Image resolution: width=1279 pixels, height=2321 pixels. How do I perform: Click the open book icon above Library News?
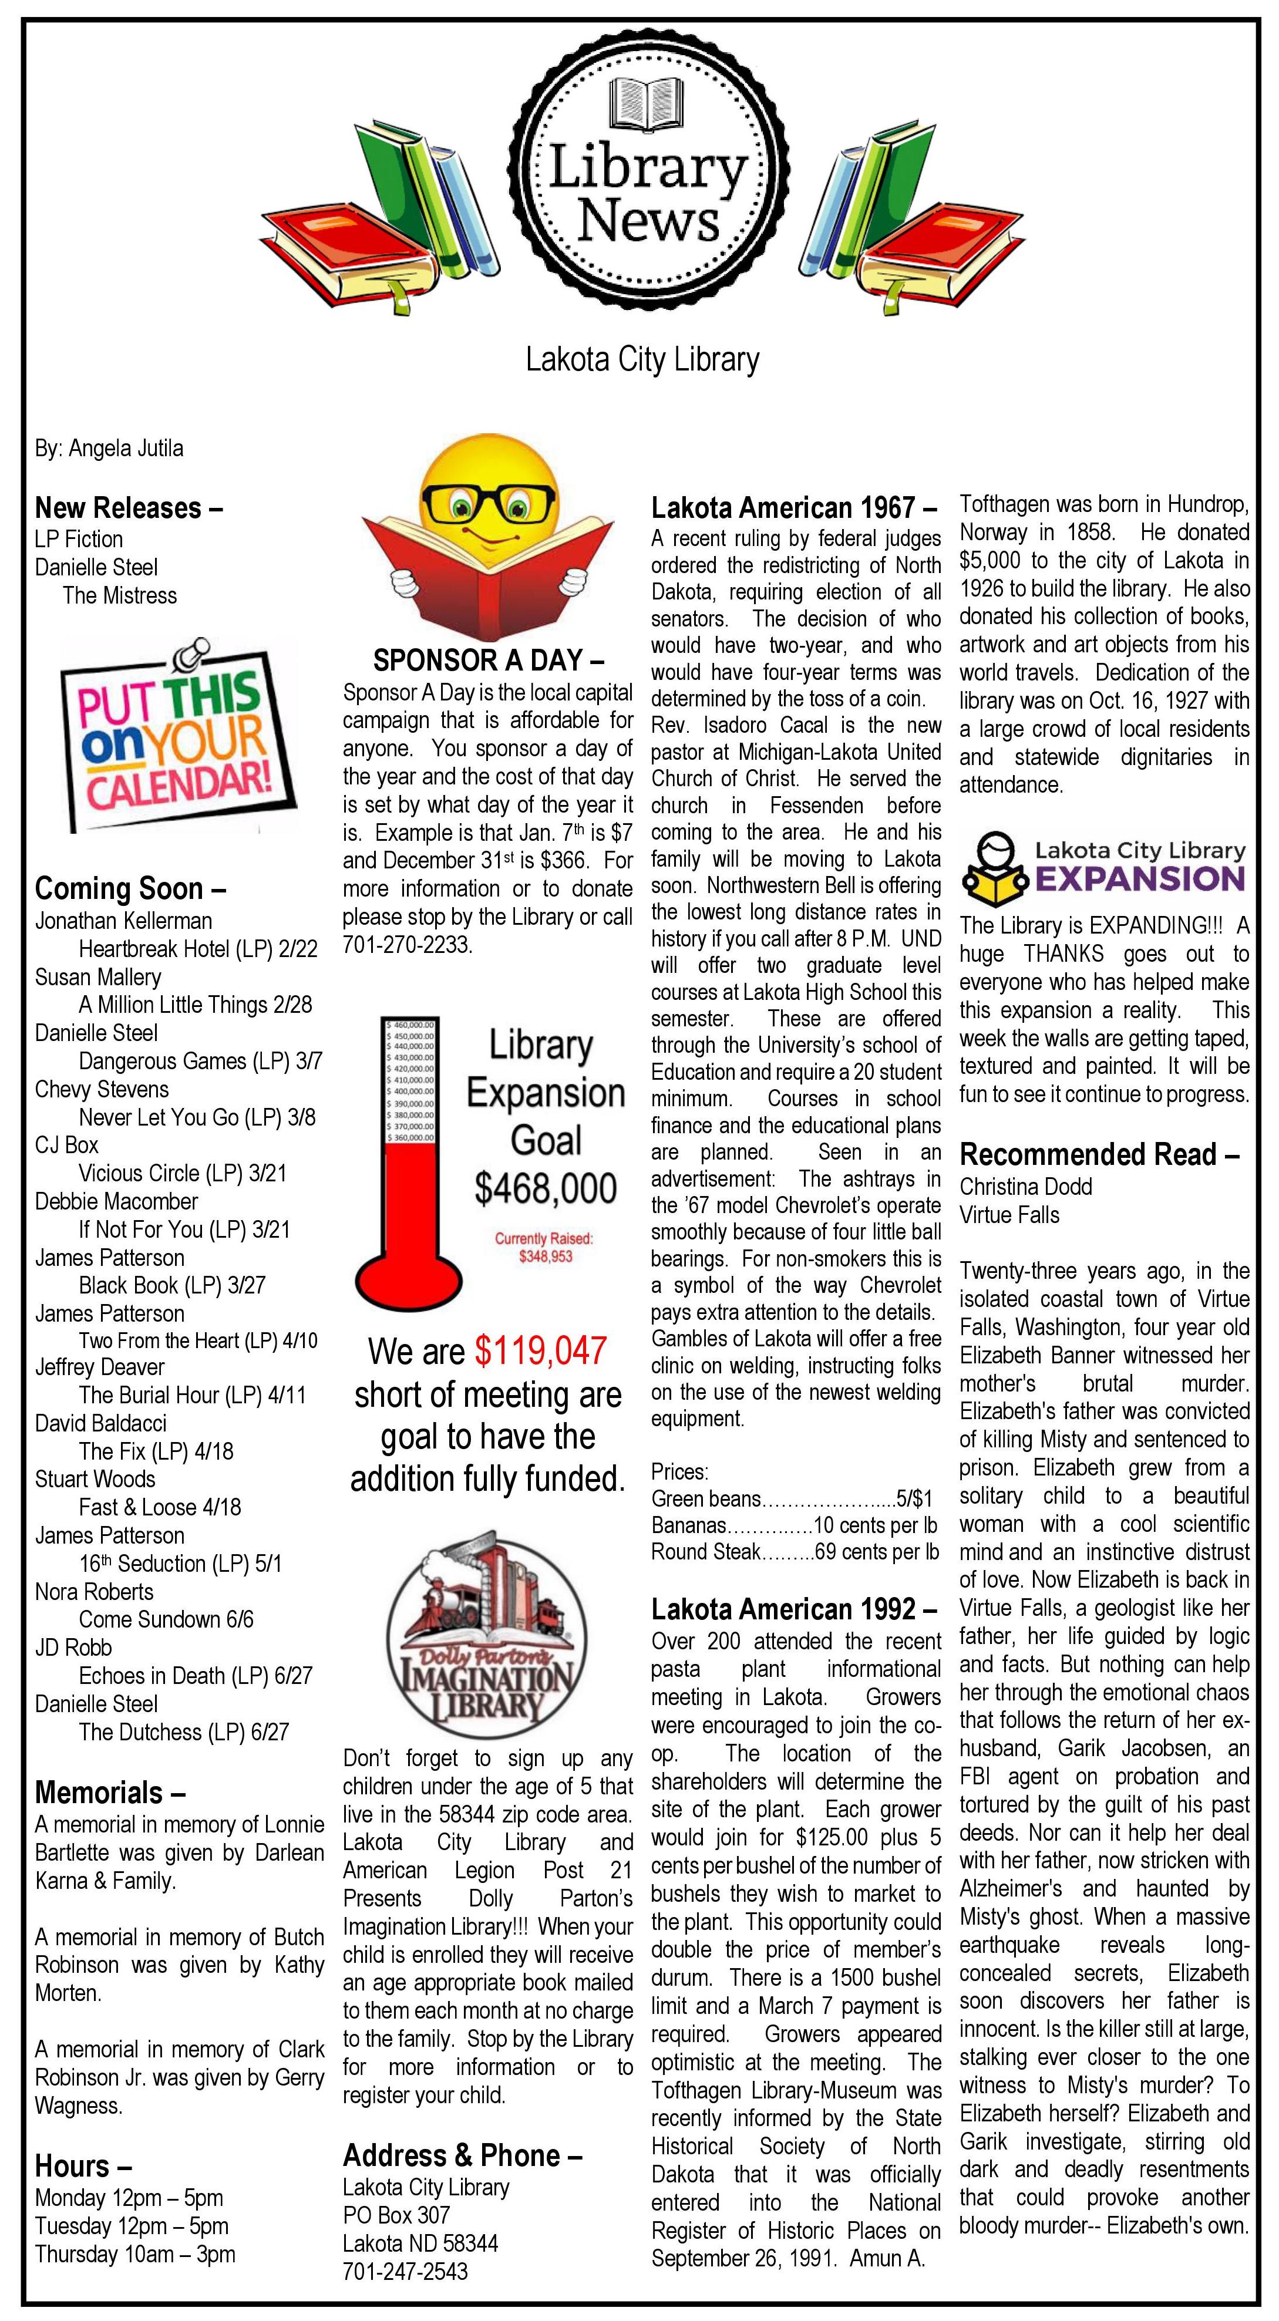coord(642,101)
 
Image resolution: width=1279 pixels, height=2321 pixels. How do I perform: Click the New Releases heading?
coord(128,508)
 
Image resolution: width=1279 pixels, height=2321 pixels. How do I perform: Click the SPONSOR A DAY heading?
coord(487,661)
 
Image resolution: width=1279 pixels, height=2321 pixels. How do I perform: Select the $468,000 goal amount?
coord(546,1188)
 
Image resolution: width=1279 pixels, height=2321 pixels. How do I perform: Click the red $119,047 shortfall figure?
coord(541,1350)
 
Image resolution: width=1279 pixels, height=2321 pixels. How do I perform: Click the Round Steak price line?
coord(795,1551)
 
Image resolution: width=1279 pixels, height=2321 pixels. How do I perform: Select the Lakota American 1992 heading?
coord(794,1608)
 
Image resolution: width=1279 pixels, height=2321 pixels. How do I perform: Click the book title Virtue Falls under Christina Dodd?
coord(1009,1215)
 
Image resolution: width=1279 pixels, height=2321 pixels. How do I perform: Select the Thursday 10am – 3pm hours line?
coord(135,2253)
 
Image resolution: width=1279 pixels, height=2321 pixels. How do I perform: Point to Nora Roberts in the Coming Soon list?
coord(94,1591)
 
